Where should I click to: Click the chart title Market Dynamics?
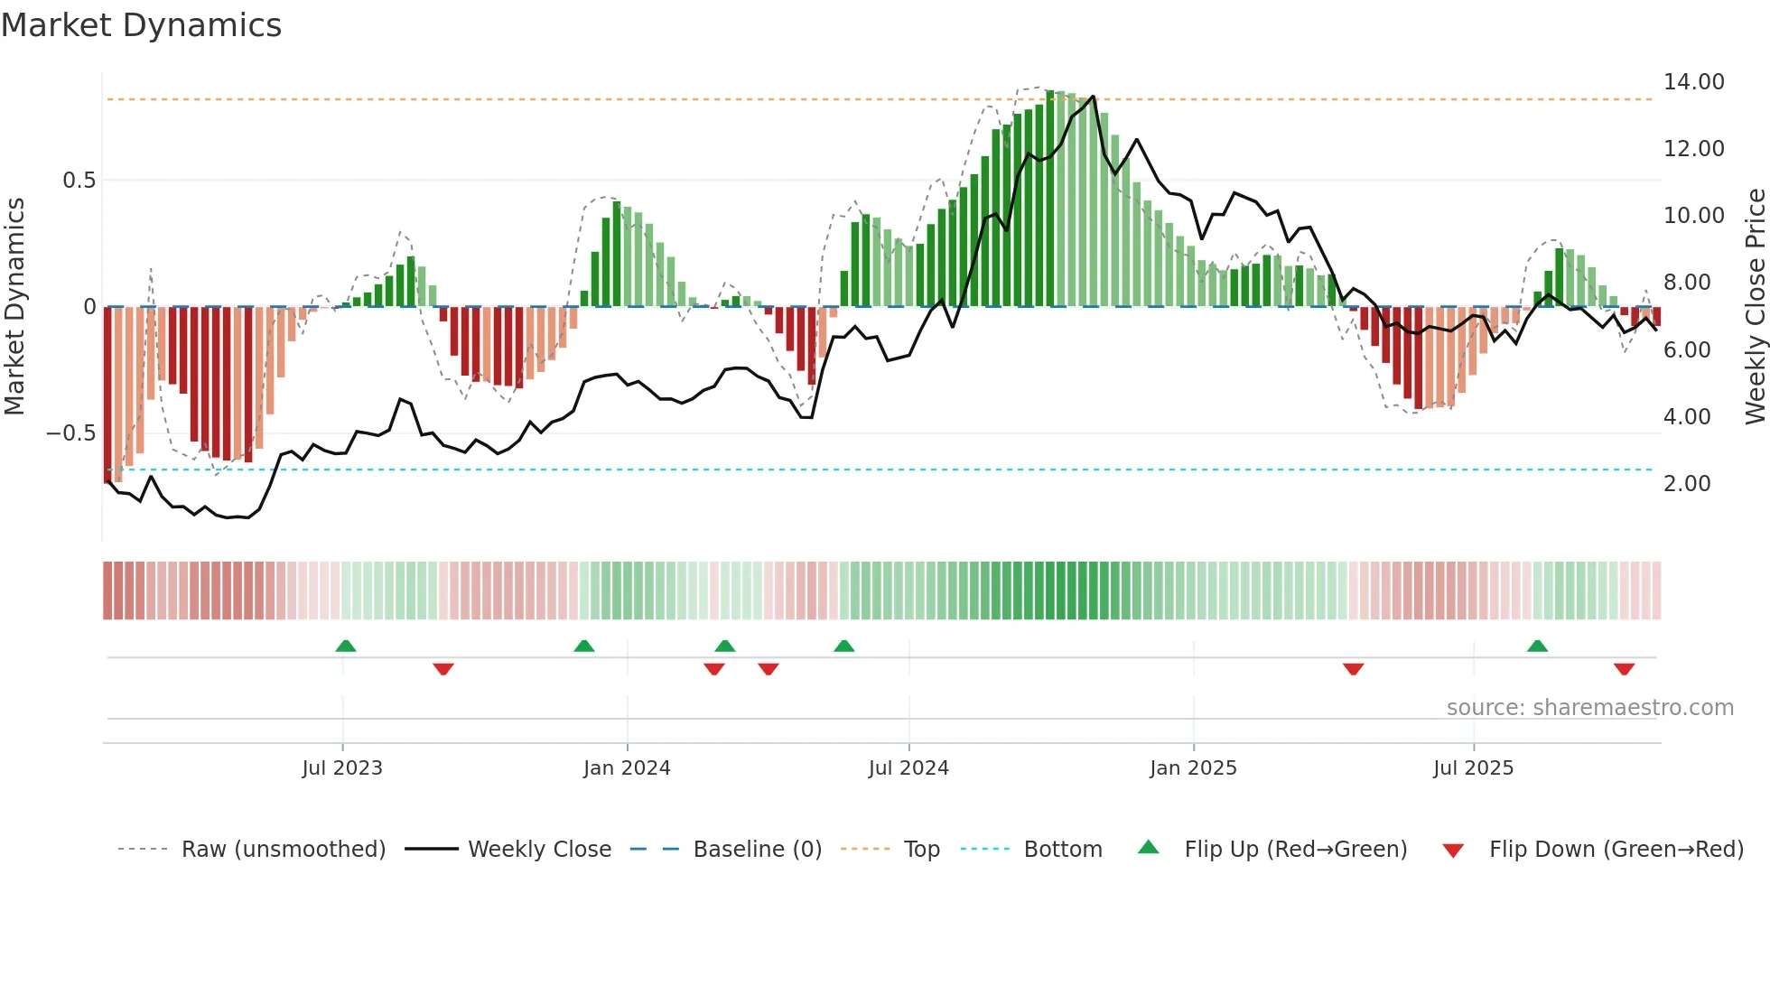click(x=141, y=25)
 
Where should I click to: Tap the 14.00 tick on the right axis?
click(x=1693, y=82)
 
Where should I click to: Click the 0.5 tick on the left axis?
click(x=79, y=181)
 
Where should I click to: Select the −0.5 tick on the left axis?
click(x=71, y=433)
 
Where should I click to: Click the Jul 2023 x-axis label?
click(x=342, y=768)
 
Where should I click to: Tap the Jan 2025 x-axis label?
click(x=1193, y=768)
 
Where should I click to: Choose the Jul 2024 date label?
click(x=908, y=768)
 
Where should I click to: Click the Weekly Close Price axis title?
click(x=1755, y=307)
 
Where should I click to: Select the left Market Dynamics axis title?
click(x=14, y=307)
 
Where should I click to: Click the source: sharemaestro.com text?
click(x=1589, y=708)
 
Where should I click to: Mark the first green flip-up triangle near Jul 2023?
click(x=346, y=646)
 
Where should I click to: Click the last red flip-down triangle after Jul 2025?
click(x=1624, y=669)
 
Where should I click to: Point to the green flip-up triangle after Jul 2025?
click(x=1537, y=646)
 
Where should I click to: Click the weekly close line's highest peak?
click(x=1093, y=97)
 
